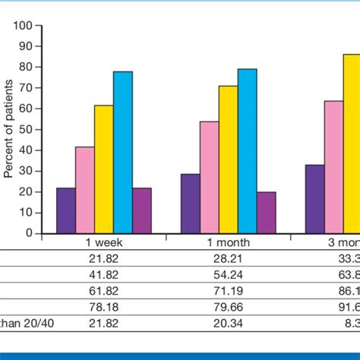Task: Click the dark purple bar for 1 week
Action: click(66, 210)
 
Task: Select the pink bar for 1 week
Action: click(85, 190)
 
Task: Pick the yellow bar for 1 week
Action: click(104, 169)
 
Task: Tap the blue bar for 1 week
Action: click(123, 153)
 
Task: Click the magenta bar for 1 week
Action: click(141, 210)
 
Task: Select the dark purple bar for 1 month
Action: click(191, 204)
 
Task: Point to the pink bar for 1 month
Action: click(210, 177)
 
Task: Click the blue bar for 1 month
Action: click(247, 151)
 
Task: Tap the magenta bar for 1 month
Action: click(266, 213)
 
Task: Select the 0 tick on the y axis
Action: click(28, 234)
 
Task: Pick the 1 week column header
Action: click(104, 242)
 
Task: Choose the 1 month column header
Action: click(229, 242)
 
